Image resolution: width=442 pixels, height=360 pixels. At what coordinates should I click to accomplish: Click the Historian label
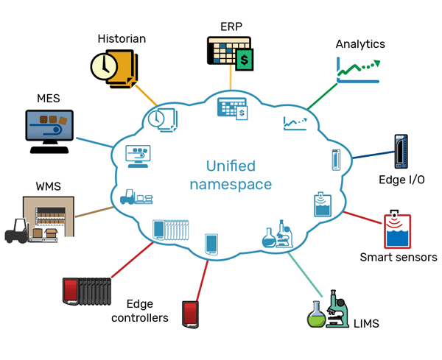point(122,38)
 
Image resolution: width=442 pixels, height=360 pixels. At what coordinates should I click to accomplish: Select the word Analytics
point(360,43)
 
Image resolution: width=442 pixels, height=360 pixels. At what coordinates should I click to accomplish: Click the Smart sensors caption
point(399,257)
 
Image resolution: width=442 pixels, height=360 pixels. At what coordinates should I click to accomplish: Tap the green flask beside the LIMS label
point(315,317)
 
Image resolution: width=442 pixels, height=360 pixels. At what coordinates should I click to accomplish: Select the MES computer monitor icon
point(50,127)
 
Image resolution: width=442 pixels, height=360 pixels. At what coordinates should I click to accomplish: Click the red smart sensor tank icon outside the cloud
point(396,231)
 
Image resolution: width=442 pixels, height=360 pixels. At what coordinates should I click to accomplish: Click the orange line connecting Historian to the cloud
point(146,96)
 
